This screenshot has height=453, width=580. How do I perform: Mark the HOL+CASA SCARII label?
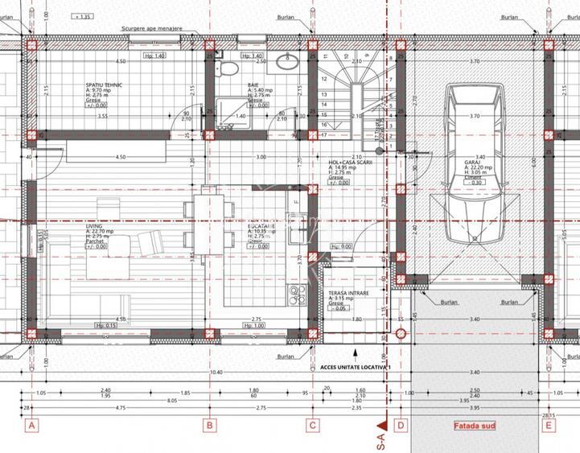click(347, 161)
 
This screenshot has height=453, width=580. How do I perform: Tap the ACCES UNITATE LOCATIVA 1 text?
click(356, 366)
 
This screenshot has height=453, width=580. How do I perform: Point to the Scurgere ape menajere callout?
click(152, 27)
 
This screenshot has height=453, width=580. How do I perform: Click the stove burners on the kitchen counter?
click(296, 292)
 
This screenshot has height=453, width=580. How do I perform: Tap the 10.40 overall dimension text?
click(216, 373)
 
